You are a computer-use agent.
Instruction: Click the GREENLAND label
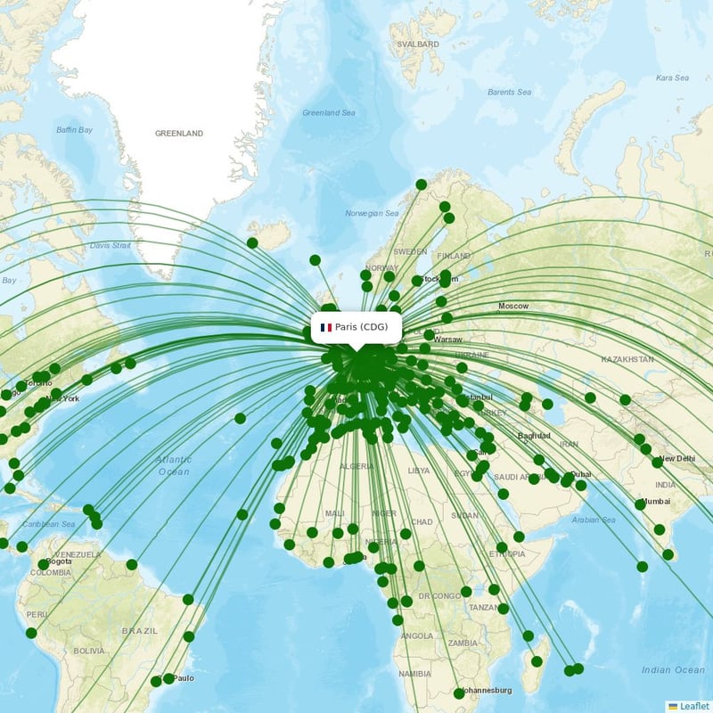coord(179,134)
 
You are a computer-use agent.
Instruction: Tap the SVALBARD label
coord(417,44)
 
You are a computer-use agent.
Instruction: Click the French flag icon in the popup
coord(326,327)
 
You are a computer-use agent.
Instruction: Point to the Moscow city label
coord(513,307)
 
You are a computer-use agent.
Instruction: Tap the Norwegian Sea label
coord(372,214)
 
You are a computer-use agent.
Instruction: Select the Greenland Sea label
coord(329,113)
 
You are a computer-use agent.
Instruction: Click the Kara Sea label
coord(672,78)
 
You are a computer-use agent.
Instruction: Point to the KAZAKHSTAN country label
coord(627,359)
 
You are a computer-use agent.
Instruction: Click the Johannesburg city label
coord(488,690)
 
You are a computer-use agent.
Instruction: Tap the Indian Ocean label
coord(673,670)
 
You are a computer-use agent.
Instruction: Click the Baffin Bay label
coord(74,130)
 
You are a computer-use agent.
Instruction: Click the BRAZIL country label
coord(140,631)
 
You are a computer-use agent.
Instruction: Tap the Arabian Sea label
coord(594,520)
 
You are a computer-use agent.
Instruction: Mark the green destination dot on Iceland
coord(252,242)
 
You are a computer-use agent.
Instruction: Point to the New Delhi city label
coord(676,458)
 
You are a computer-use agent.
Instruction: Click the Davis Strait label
coord(111,245)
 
